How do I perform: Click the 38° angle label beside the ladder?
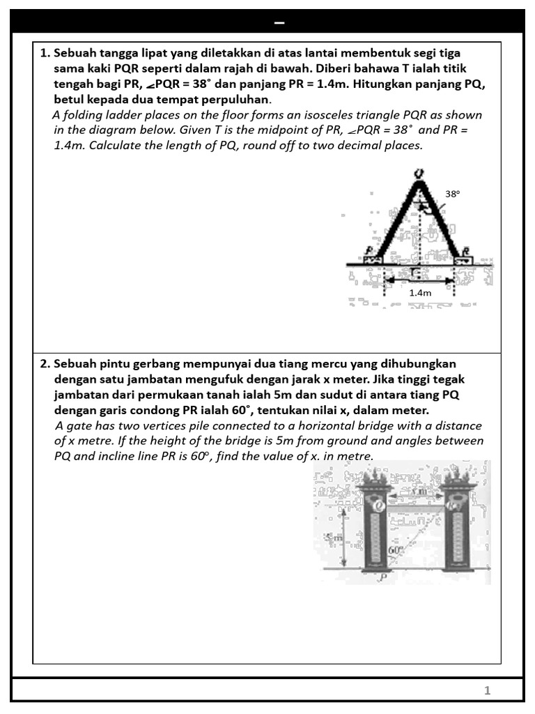click(453, 195)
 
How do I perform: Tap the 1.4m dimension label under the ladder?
click(420, 293)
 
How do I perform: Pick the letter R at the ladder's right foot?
click(465, 250)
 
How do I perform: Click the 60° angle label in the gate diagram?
click(396, 550)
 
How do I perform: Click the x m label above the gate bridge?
click(417, 492)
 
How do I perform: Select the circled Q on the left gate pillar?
click(378, 506)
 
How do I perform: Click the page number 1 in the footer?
click(488, 690)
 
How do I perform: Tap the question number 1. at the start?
click(45, 53)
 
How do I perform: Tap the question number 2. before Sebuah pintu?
click(45, 364)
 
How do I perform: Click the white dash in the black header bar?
click(279, 23)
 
